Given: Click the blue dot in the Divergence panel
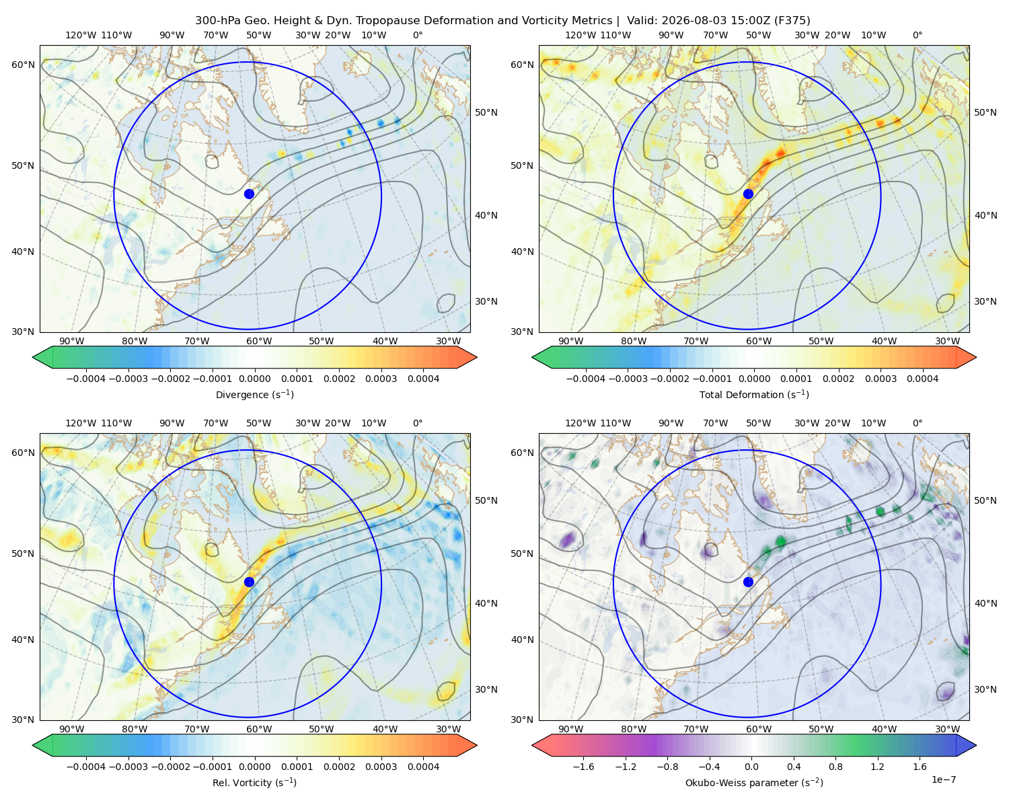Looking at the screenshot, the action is [249, 194].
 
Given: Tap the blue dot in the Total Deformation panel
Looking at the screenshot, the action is [748, 194].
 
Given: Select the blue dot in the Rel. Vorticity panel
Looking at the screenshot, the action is [249, 582].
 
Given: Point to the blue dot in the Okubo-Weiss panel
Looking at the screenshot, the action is [748, 582].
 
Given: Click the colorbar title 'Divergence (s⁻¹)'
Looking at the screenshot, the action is [254, 394].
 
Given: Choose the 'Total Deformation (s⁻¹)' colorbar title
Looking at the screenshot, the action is [754, 394].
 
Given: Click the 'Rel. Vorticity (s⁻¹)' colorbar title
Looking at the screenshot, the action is [254, 782].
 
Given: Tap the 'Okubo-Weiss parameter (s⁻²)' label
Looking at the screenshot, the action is [754, 782].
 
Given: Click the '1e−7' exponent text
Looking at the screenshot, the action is [943, 779].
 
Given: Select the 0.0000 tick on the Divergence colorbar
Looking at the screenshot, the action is [254, 379].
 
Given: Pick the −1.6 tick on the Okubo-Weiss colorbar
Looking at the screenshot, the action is [583, 767].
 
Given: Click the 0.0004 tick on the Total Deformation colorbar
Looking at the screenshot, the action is [922, 379].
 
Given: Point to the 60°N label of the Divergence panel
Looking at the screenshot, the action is [23, 65].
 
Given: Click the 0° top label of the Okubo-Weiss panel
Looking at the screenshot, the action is [917, 423].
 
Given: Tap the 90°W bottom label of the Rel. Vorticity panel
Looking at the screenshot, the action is [72, 729].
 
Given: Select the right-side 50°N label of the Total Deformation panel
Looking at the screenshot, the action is [985, 112].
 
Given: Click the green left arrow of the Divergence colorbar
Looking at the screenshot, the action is [42, 357].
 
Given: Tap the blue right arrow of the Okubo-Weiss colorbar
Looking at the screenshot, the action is [966, 745].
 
